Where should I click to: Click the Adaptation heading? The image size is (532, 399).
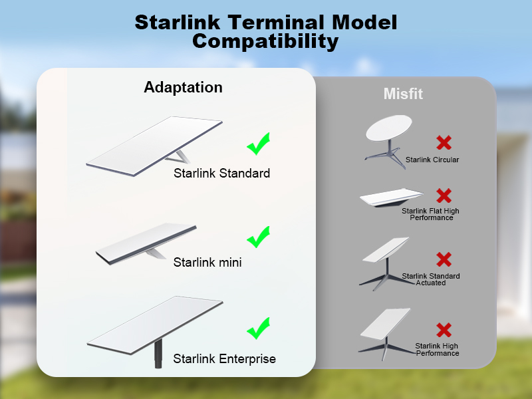pyautogui.click(x=184, y=88)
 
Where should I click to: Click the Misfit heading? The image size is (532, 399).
pyautogui.click(x=403, y=94)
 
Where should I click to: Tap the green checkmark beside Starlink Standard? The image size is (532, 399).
pyautogui.click(x=259, y=144)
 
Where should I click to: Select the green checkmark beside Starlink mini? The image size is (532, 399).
pyautogui.click(x=259, y=237)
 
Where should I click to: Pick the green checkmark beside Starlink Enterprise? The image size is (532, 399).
pyautogui.click(x=259, y=328)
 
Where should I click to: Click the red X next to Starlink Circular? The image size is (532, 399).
pyautogui.click(x=444, y=142)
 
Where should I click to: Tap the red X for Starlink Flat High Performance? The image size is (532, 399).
pyautogui.click(x=444, y=196)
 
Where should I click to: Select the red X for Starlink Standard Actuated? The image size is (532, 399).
pyautogui.click(x=444, y=259)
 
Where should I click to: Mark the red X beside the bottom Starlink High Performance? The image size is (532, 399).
pyautogui.click(x=444, y=330)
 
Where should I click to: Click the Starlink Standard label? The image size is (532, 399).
pyautogui.click(x=222, y=173)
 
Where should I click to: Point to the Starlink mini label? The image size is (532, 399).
pyautogui.click(x=207, y=262)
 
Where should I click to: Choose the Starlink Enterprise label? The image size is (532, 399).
pyautogui.click(x=225, y=358)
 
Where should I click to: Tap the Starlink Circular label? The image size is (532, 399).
pyautogui.click(x=432, y=160)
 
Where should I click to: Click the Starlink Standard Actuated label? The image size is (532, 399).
pyautogui.click(x=431, y=279)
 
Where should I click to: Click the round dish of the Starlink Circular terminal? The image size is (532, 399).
pyautogui.click(x=389, y=128)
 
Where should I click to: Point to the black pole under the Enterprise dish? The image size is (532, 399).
pyautogui.click(x=158, y=354)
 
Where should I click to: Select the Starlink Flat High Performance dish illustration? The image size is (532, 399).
pyautogui.click(x=391, y=198)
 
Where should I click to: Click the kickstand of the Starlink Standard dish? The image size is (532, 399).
pyautogui.click(x=179, y=157)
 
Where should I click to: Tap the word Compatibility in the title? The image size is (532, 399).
pyautogui.click(x=265, y=41)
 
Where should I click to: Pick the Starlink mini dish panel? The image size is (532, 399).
pyautogui.click(x=146, y=243)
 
